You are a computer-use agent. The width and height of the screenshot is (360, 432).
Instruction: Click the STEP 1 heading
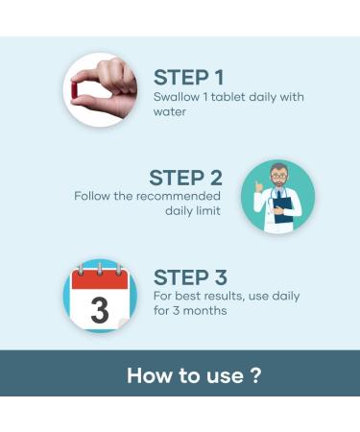[188, 78]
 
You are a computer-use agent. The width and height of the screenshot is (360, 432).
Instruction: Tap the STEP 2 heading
[185, 178]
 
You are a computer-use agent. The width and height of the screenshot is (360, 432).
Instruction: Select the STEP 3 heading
[190, 277]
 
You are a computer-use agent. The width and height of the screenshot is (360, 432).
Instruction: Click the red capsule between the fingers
[75, 89]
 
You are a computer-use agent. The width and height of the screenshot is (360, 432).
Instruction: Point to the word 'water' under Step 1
[170, 112]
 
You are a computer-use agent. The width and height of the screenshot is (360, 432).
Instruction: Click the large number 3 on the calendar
[100, 310]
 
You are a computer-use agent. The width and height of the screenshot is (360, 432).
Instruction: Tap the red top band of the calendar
[100, 280]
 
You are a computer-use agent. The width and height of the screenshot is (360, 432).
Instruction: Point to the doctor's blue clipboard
[283, 210]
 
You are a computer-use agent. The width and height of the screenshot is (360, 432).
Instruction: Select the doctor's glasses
[279, 176]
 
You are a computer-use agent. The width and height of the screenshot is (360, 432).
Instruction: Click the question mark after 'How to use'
[255, 375]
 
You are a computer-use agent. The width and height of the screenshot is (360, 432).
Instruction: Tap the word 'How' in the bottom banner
[150, 375]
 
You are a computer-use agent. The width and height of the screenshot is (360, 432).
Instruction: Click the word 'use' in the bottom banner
[225, 377]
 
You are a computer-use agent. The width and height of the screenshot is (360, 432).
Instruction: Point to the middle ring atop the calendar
[100, 269]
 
